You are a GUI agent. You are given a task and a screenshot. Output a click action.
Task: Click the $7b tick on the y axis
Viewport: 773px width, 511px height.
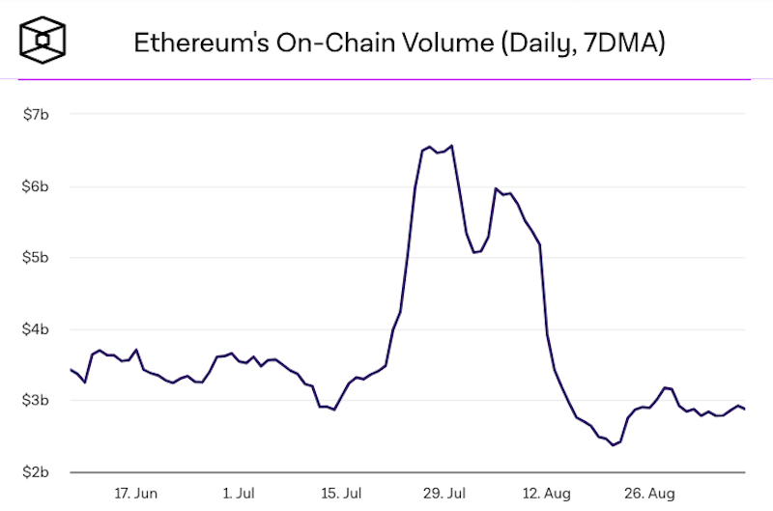36,115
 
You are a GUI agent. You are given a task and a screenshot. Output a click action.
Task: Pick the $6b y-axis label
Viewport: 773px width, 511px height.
36,186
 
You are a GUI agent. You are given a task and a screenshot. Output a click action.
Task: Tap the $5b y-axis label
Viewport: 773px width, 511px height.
36,258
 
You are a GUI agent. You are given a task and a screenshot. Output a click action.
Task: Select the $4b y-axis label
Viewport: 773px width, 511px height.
36,329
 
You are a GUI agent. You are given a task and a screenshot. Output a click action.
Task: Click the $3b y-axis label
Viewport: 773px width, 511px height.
36,401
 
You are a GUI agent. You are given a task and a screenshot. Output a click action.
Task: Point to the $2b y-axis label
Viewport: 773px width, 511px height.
36,472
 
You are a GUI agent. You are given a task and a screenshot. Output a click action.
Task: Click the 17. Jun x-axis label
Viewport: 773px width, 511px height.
135,493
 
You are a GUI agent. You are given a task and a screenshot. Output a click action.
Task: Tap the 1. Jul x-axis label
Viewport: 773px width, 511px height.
239,493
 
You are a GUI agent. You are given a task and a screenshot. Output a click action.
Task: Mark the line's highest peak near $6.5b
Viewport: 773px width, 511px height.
452,146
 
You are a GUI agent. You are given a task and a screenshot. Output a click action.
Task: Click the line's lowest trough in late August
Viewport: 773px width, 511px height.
613,445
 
